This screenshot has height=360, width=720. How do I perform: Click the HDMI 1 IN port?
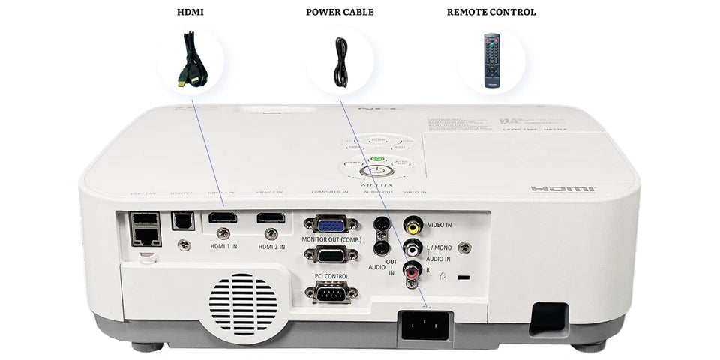[222, 218]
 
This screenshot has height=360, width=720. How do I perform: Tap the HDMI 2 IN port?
[271, 218]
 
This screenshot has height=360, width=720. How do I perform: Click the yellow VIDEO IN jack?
[412, 223]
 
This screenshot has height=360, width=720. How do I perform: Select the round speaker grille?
[242, 304]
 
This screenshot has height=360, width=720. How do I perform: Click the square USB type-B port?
[181, 219]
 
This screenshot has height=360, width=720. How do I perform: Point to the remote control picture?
[491, 61]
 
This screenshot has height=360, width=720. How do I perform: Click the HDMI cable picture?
[190, 60]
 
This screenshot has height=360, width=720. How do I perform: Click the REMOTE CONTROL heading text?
[491, 12]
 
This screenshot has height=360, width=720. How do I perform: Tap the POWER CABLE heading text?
[340, 12]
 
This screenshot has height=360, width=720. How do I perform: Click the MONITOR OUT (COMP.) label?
[331, 239]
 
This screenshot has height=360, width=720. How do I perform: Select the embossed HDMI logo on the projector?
[563, 188]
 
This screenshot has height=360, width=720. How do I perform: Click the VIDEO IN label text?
[439, 225]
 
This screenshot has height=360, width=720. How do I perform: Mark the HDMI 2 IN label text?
[271, 246]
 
